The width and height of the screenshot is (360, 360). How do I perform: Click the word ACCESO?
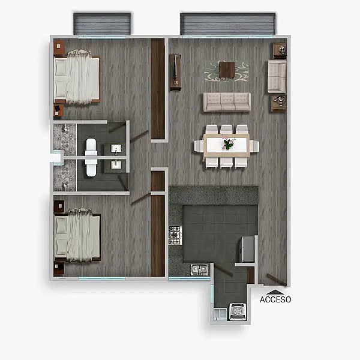(275, 299)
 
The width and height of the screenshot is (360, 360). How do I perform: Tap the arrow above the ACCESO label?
(275, 292)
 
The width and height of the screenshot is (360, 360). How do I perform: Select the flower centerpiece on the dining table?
(228, 143)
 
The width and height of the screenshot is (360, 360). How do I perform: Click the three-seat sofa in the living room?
(227, 102)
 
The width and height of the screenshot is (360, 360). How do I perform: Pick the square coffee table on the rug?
(227, 70)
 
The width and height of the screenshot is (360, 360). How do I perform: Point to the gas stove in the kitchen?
(175, 235)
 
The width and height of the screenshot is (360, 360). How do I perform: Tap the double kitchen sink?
(200, 270)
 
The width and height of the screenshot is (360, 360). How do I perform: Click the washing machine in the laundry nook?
(238, 311)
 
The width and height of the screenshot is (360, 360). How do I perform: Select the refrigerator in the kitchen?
(247, 250)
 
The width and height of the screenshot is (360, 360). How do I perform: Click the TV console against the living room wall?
(175, 73)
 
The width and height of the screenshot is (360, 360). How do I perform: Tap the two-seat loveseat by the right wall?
(277, 76)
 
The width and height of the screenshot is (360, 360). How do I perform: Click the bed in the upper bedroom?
(77, 77)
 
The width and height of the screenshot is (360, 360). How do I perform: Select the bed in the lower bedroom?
(77, 235)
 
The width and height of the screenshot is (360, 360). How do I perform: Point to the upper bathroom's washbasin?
(116, 149)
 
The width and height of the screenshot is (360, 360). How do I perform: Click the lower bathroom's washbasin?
(116, 164)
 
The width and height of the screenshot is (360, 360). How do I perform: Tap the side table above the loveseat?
(280, 51)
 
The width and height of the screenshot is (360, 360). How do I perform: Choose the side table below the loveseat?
(279, 103)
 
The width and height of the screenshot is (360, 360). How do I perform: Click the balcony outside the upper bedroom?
(102, 24)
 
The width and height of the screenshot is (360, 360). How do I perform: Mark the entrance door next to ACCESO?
(277, 279)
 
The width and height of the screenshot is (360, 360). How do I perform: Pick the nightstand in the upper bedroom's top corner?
(59, 47)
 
